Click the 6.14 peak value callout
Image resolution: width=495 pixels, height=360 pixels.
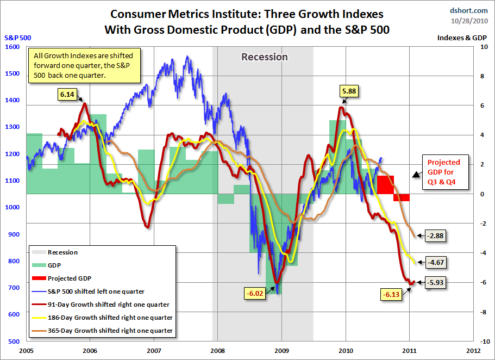[67, 94]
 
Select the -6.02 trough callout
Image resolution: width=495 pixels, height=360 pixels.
[254, 294]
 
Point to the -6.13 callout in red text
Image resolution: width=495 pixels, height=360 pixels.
[391, 295]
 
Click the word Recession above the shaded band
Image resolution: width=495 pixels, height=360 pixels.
[265, 57]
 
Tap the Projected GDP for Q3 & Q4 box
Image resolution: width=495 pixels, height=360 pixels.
[443, 173]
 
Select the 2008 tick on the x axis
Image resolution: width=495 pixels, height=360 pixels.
[217, 351]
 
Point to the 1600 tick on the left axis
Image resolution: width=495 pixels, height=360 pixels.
[11, 47]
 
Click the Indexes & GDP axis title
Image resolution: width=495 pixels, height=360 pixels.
[462, 38]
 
